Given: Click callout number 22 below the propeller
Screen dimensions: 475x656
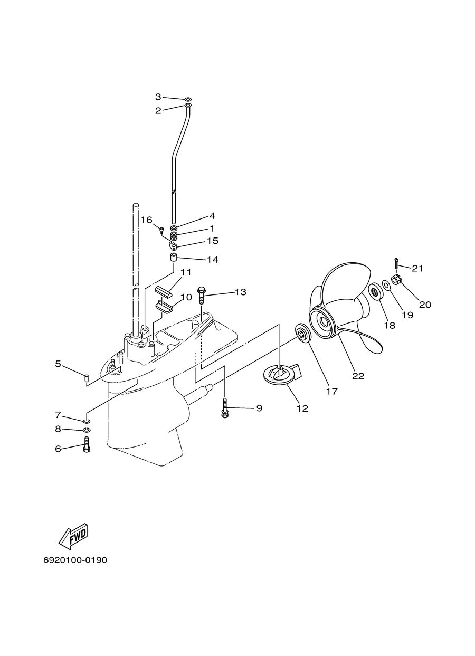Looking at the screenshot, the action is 358,376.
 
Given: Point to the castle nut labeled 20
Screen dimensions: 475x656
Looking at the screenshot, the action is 396,280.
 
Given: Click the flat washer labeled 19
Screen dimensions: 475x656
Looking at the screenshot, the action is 386,285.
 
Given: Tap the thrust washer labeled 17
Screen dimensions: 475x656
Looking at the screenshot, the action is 302,332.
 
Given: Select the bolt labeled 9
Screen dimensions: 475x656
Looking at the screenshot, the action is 225,407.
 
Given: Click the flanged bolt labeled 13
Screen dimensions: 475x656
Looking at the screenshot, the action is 202,296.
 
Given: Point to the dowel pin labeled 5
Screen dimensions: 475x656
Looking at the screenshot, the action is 87,378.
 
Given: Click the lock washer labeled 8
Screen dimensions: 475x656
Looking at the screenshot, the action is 87,430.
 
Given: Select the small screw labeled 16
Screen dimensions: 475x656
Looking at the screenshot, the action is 161,230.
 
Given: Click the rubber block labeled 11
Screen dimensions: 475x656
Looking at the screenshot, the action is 164,292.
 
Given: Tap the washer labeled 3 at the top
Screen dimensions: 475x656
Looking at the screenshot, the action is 188,99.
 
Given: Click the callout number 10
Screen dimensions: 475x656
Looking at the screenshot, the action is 186,297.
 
